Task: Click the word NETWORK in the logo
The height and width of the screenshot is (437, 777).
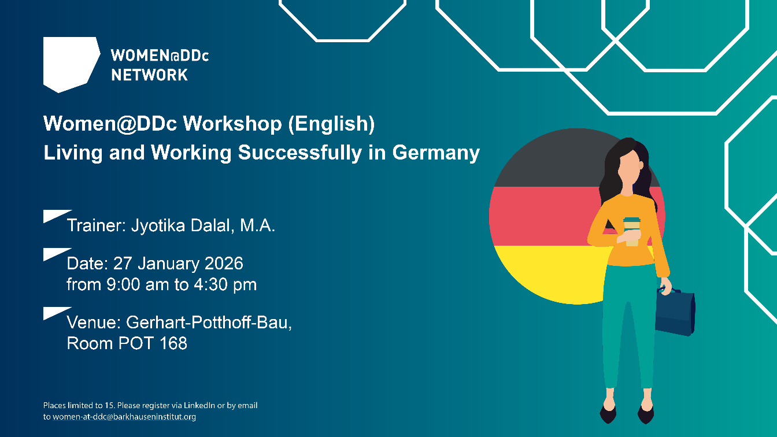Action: (149, 75)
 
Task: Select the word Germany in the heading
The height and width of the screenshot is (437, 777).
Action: (436, 153)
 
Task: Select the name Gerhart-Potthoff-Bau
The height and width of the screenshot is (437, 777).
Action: (208, 323)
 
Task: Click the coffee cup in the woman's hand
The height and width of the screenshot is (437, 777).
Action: (631, 231)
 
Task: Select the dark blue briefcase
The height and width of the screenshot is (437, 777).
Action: (675, 312)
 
